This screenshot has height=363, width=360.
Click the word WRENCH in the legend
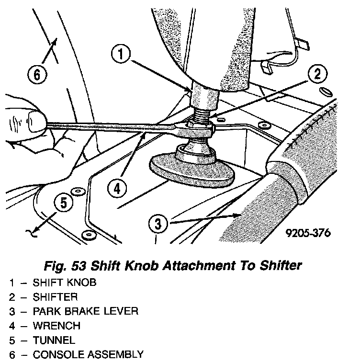coord(56,326)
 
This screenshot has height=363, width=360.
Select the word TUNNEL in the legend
coord(54,340)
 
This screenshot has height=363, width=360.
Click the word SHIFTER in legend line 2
coord(55,297)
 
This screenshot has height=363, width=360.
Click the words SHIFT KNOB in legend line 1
coord(64,282)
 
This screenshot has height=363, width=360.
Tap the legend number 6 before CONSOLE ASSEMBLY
coord(11,355)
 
